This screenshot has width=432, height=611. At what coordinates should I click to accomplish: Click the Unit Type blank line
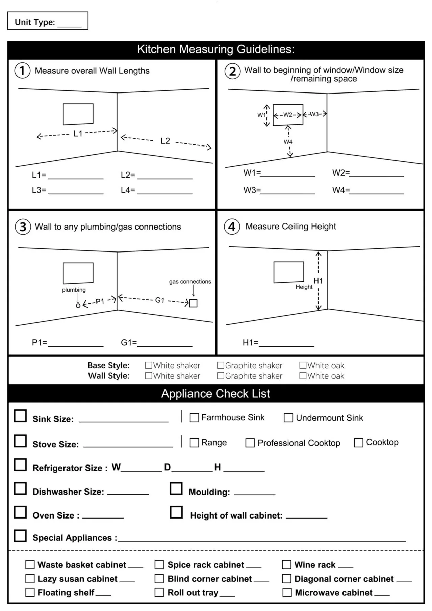pos(70,25)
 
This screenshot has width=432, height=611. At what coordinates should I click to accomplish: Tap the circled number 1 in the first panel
pos(22,71)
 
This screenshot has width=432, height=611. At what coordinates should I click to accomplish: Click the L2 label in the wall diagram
pos(165,141)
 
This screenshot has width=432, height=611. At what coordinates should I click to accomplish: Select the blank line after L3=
pos(76,192)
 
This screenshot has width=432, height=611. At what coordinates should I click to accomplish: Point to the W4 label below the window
pos(288,142)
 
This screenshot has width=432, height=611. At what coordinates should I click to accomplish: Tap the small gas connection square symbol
pos(193,303)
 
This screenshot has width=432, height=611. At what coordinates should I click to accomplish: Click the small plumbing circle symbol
pos(78,305)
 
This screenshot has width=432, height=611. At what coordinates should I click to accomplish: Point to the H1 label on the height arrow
pos(318,281)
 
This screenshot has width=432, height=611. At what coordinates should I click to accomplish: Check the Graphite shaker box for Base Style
pos(221,365)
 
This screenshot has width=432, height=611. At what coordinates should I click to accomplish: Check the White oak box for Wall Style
pos(303,376)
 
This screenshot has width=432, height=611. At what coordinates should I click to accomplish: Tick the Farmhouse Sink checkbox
pos(194,418)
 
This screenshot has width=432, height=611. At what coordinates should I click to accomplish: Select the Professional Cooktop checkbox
pos(250,443)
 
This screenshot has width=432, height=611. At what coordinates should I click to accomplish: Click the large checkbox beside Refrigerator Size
pos(20,465)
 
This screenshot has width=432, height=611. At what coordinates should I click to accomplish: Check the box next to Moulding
pos(176,488)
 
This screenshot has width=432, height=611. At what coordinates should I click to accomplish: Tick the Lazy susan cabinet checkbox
pos(30,579)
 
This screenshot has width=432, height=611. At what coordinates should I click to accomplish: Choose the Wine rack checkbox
pos(287,565)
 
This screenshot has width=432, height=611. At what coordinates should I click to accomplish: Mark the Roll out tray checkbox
pos(159,592)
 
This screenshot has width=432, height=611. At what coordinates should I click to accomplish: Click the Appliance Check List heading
pos(215,394)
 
